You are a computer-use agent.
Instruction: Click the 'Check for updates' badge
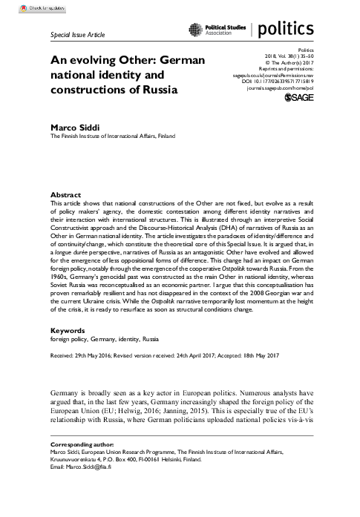point(26,7)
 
